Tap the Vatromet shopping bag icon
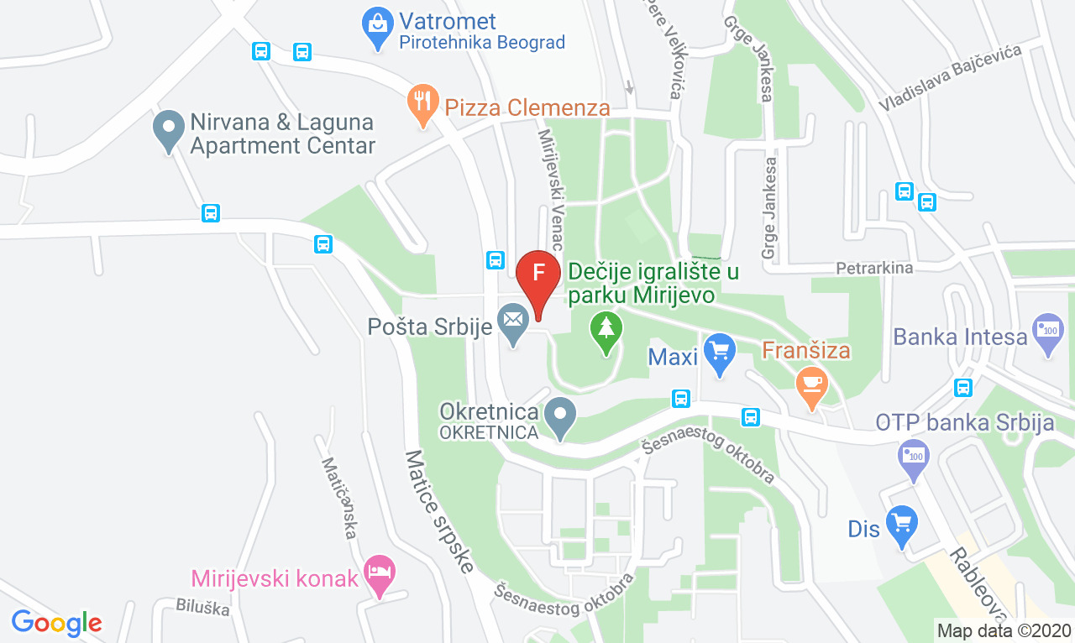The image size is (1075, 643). click(x=377, y=26)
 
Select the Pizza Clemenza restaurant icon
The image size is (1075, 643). click(x=423, y=102)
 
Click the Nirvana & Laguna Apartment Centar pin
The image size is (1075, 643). click(x=169, y=130)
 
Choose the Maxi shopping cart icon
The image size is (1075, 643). click(x=719, y=353)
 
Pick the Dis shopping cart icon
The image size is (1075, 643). click(x=902, y=524)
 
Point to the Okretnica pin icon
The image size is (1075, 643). click(x=559, y=416)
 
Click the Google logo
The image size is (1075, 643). click(x=56, y=623)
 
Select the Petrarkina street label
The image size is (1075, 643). click(x=873, y=268)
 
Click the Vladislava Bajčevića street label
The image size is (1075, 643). click(x=950, y=78)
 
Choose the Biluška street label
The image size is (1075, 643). click(x=202, y=607)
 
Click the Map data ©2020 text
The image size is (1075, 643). click(x=1004, y=630)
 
